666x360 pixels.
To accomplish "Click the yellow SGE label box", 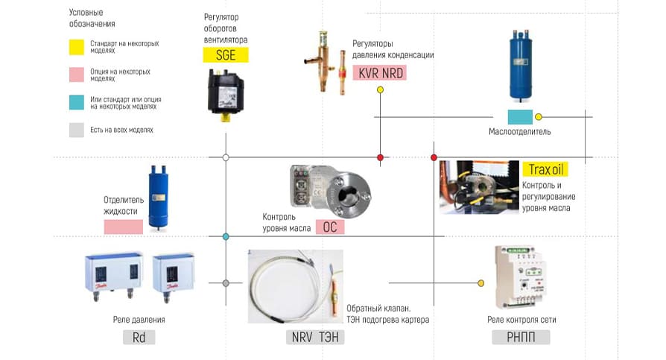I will point(226,54).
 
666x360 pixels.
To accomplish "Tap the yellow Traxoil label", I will point(545,169).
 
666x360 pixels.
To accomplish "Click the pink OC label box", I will point(329,227).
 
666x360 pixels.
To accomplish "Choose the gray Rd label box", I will point(139,337).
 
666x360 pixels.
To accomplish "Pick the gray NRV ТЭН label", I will point(314,337).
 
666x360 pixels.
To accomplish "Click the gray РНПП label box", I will point(521,337).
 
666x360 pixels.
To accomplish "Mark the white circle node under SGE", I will point(226,157).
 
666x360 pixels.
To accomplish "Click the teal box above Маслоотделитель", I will point(520,117).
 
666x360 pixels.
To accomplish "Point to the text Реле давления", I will point(140,320).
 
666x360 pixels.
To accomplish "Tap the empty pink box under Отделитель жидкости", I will point(123,227).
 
